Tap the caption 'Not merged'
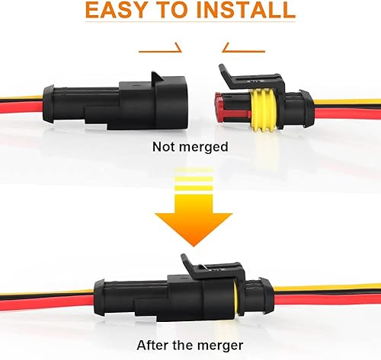190,146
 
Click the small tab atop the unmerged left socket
158,80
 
